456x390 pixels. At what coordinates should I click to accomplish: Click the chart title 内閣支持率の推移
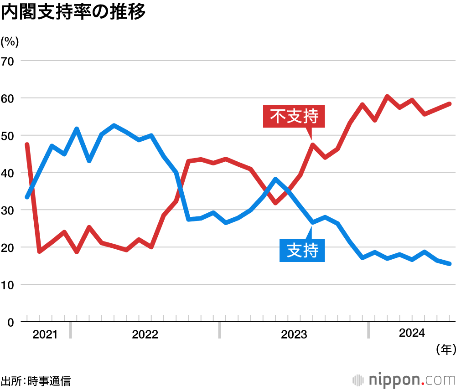(73, 12)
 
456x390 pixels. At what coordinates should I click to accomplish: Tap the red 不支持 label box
(294, 117)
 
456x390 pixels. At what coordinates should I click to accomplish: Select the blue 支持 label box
(302, 250)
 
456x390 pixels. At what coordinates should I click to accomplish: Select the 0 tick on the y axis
(11, 322)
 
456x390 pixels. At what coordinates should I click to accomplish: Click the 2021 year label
(45, 335)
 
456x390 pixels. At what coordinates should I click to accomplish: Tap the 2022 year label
(145, 335)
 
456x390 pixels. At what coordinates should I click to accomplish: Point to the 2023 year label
(294, 335)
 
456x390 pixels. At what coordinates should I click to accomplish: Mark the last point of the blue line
(449, 264)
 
